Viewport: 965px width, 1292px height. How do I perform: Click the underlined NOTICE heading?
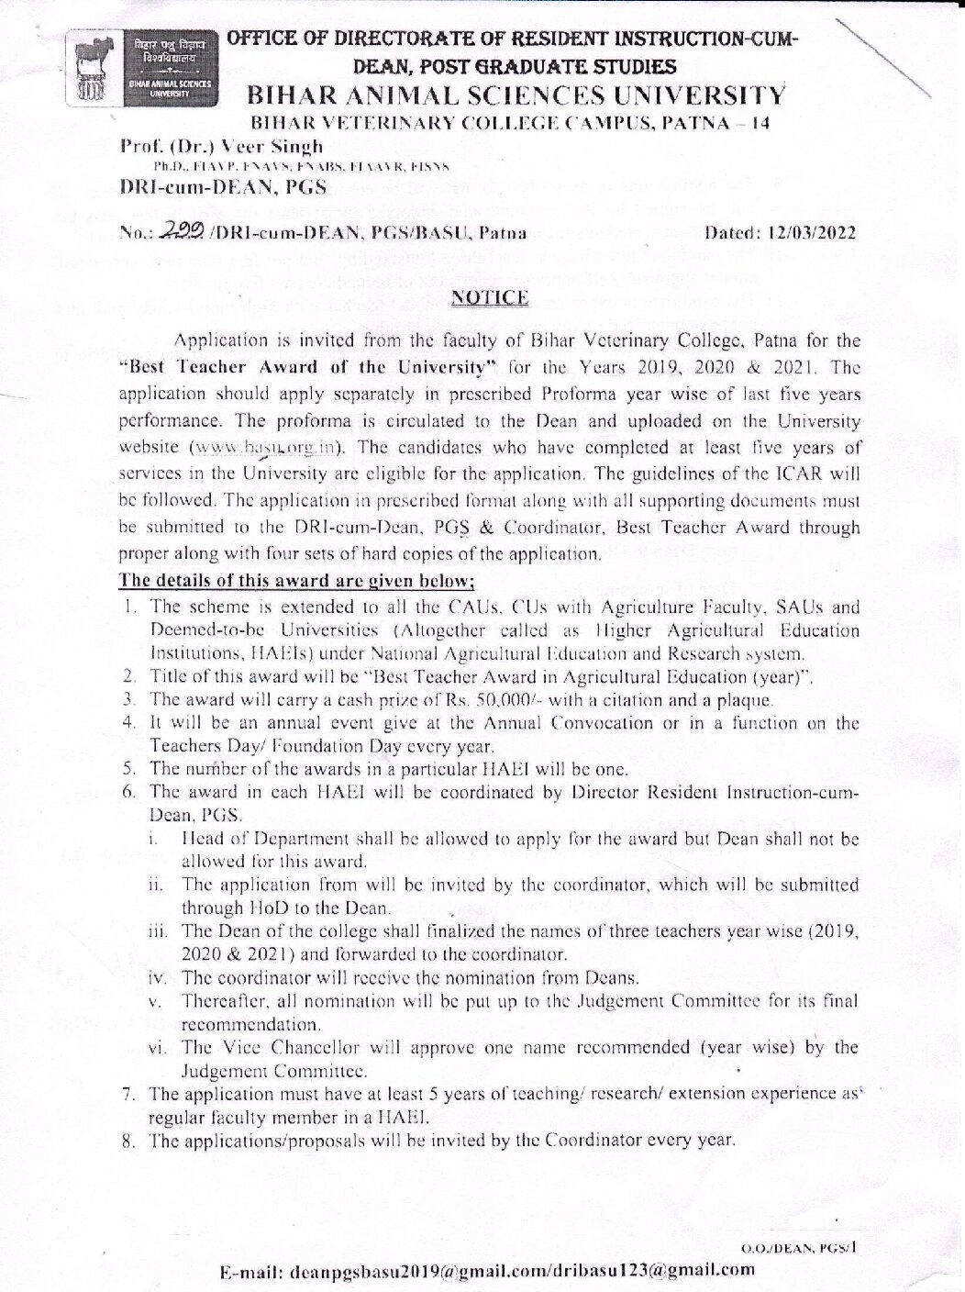(495, 296)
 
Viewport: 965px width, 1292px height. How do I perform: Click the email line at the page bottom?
(489, 1271)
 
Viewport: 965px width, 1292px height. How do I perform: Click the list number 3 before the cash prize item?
(130, 701)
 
